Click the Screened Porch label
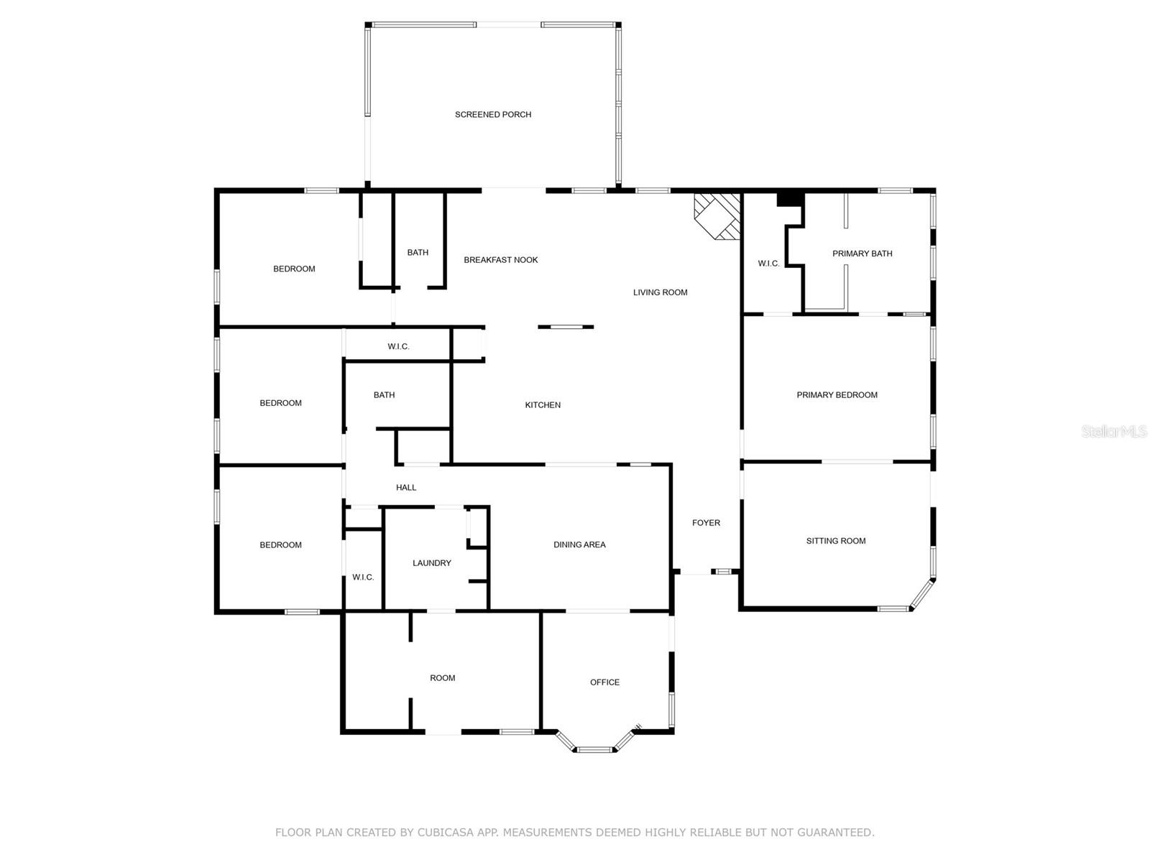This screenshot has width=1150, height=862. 492,115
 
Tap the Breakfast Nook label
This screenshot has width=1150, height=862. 500,260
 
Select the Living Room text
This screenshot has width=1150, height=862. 660,292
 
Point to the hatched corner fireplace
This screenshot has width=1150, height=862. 717,216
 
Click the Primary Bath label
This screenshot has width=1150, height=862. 862,254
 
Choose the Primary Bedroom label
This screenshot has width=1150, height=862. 837,395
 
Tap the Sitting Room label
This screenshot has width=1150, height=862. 836,541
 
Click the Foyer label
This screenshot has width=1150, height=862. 706,523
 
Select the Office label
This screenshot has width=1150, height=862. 604,682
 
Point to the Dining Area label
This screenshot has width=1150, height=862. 579,544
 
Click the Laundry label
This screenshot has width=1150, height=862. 432,563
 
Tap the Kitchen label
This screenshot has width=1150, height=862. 543,405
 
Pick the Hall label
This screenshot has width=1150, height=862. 406,488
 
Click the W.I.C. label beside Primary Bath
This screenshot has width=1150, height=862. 768,264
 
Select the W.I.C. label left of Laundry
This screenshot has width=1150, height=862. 363,578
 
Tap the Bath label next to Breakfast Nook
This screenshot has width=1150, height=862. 418,253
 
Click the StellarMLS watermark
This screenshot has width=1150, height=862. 1114,431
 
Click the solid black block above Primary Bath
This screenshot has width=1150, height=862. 791,200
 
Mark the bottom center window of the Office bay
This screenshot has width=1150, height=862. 594,749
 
